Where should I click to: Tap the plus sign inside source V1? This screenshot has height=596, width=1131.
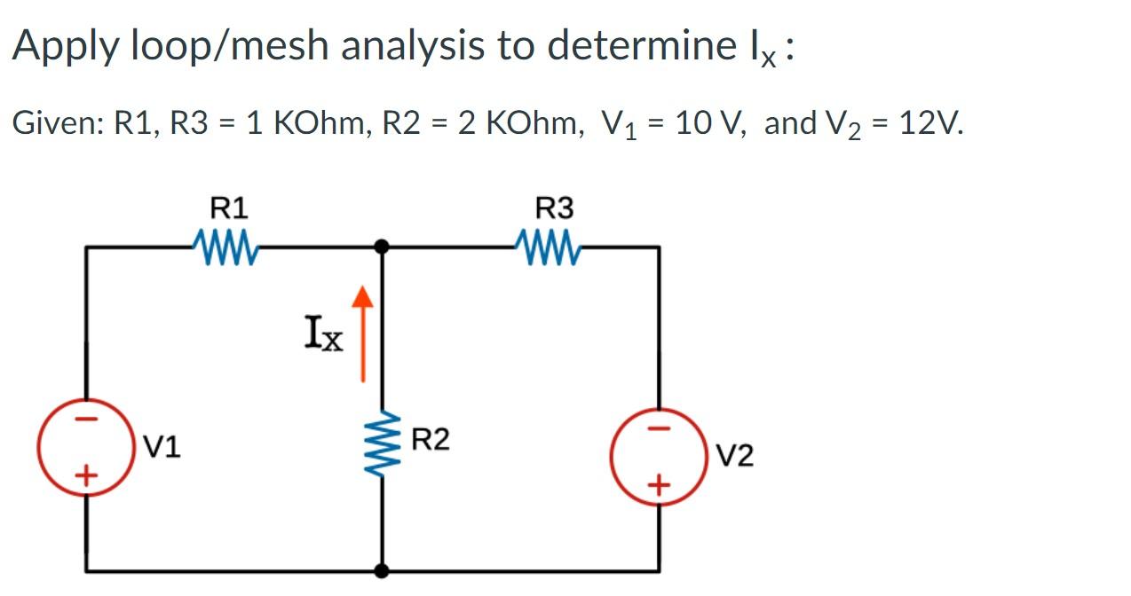click(x=86, y=476)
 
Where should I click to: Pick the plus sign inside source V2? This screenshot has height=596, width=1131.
click(x=658, y=485)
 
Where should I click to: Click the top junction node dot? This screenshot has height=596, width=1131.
click(x=383, y=247)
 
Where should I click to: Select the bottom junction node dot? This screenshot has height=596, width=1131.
click(x=383, y=570)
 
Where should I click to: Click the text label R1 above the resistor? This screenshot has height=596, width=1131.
click(x=229, y=209)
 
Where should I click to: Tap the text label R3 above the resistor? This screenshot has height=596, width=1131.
click(x=555, y=209)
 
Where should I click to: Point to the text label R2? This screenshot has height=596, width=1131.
click(x=431, y=439)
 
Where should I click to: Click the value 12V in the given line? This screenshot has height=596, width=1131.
click(x=930, y=122)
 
